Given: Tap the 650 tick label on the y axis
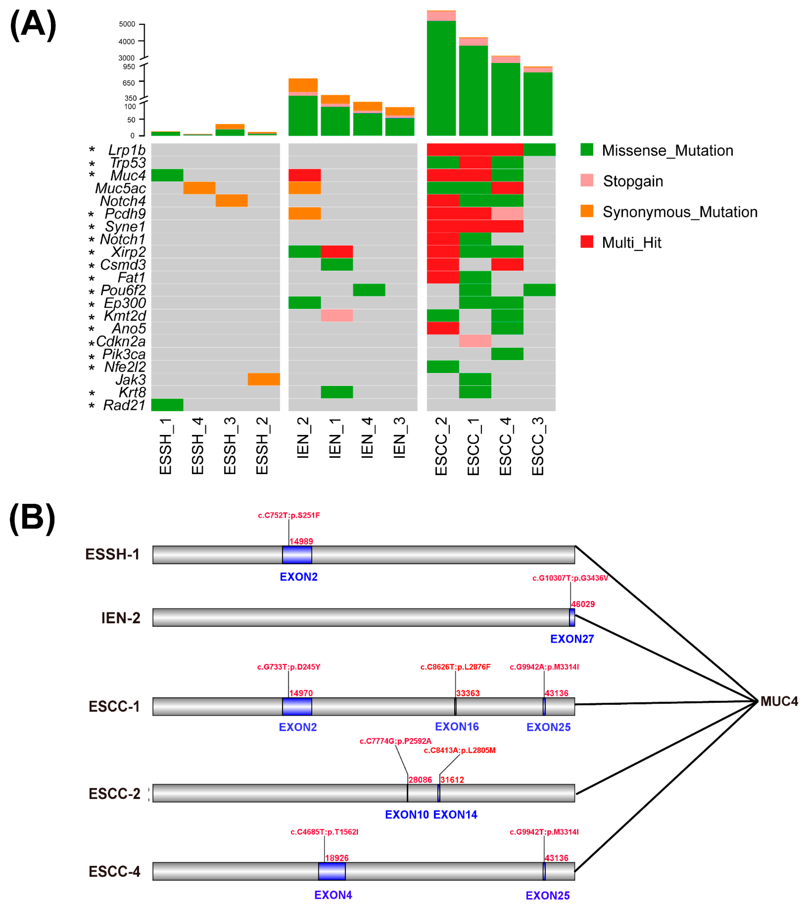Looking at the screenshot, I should coord(129,83).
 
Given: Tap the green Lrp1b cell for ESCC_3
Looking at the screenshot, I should coord(539,150).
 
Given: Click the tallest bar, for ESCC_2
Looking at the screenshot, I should coord(441,76).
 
